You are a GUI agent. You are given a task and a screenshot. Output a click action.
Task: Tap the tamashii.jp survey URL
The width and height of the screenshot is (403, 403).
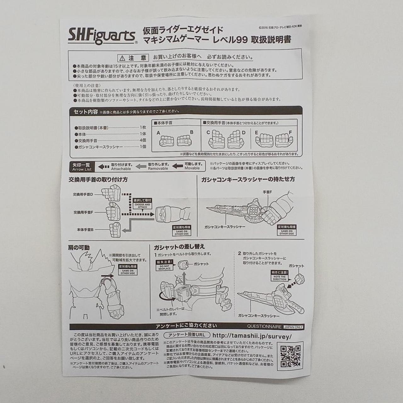(252, 336)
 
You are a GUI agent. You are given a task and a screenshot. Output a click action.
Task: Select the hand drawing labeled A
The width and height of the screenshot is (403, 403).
(166, 141)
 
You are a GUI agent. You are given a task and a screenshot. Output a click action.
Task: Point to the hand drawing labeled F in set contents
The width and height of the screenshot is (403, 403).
(283, 140)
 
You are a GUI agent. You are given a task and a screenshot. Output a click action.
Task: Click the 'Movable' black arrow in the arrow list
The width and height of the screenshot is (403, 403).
(178, 166)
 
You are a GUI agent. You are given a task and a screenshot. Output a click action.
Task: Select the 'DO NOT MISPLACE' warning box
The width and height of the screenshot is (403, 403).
(164, 266)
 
